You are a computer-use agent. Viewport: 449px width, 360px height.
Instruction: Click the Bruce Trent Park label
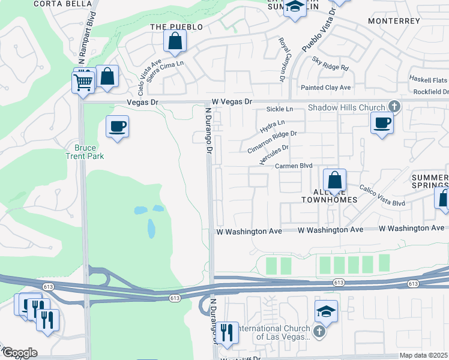89,152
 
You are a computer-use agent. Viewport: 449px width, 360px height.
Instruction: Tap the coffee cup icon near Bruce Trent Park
117,127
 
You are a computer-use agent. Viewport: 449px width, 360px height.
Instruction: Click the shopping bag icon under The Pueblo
175,41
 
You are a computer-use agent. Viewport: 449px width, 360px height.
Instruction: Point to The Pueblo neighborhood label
176,27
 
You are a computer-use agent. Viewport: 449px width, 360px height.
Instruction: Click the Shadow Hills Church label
346,108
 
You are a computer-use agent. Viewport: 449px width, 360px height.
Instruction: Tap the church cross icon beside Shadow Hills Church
394,107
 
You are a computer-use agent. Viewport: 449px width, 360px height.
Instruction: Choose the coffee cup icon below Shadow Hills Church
382,124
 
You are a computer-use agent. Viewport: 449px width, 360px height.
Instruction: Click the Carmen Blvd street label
295,166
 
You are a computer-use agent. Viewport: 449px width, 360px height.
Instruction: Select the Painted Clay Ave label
326,88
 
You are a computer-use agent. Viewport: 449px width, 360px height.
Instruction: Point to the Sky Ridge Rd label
330,64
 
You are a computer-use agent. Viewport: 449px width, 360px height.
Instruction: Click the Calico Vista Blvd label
382,196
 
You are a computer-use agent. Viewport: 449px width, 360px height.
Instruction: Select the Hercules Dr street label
274,155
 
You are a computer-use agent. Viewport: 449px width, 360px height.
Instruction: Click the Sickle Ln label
279,109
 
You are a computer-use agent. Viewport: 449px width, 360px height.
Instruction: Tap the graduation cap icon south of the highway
325,311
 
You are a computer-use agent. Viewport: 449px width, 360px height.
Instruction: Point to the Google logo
20,353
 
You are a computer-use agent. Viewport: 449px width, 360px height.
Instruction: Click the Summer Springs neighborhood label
430,182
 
